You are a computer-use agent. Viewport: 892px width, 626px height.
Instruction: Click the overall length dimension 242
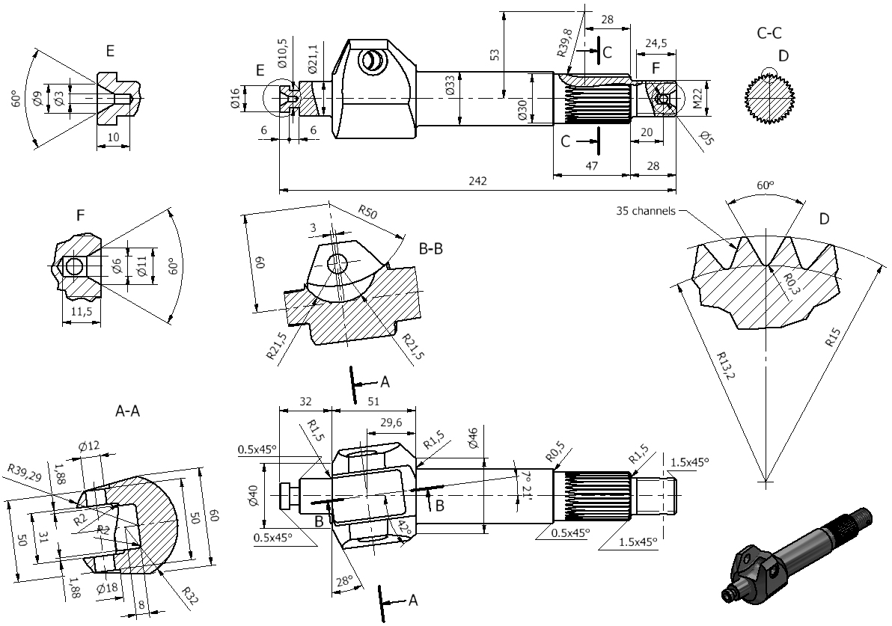[x=478, y=181]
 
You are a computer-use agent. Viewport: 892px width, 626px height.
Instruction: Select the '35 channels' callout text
[x=646, y=210]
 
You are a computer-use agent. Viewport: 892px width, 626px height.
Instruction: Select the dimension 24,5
[x=656, y=43]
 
